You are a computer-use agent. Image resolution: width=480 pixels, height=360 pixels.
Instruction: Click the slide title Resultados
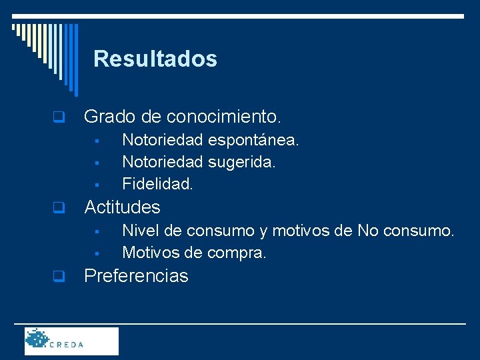155,59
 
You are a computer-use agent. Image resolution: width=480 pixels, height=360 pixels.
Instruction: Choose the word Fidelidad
157,182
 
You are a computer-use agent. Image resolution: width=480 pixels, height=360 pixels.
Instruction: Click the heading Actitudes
122,207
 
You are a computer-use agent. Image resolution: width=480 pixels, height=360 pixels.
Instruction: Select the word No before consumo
369,231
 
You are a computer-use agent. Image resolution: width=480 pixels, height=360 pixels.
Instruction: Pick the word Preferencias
136,276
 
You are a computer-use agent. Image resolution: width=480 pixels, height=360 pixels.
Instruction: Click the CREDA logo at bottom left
71,341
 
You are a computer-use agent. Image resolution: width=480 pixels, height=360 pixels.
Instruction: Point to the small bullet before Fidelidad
97,183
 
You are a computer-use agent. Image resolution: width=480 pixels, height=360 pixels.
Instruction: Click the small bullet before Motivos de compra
97,253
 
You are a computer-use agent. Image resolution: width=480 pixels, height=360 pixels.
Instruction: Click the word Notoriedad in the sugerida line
163,161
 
